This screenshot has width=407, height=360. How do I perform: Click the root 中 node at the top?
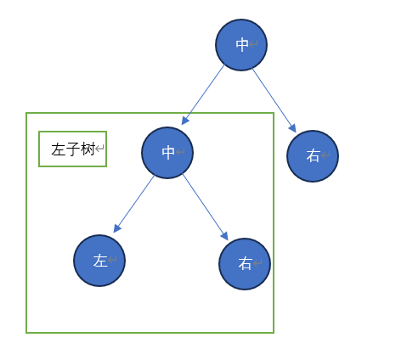click(x=241, y=45)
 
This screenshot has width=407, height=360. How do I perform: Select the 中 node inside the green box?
click(x=167, y=153)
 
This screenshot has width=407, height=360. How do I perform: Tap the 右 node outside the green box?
click(x=313, y=156)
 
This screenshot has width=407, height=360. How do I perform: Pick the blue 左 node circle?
click(x=99, y=261)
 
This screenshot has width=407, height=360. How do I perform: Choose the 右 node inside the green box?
click(x=245, y=264)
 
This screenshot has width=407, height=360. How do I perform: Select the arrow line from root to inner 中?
click(x=203, y=94)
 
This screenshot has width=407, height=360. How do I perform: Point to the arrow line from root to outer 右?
click(x=274, y=100)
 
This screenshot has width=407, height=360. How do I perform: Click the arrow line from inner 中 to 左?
click(x=134, y=204)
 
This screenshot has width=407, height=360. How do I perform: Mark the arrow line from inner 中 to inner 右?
click(x=206, y=207)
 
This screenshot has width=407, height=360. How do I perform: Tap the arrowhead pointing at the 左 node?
click(x=116, y=228)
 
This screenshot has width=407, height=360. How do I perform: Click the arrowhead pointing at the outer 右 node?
click(x=293, y=128)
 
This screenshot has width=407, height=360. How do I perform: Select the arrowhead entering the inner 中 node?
click(x=184, y=121)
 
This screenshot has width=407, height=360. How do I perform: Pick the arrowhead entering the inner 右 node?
click(x=225, y=236)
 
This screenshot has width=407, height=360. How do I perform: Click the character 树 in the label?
click(x=88, y=149)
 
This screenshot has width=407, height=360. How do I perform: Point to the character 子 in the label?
click(x=73, y=149)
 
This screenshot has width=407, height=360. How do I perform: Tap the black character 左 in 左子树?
click(x=59, y=149)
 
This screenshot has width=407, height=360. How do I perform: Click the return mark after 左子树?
click(x=99, y=149)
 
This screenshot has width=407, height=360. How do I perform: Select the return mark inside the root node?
click(x=253, y=44)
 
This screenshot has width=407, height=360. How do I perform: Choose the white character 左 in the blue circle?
click(x=100, y=261)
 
